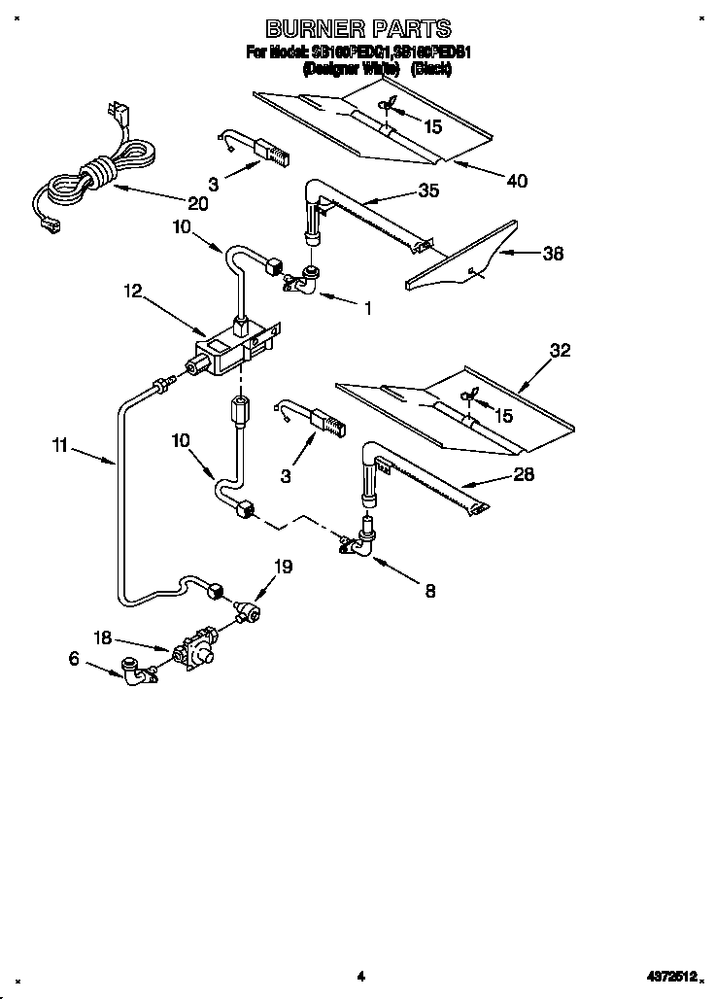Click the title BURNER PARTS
[358, 29]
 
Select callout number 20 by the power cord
[197, 203]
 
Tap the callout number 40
[517, 181]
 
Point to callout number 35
[427, 190]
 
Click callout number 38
[552, 255]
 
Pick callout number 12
[132, 290]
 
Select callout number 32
[561, 352]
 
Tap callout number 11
[60, 446]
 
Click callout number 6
[72, 658]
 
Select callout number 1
[367, 309]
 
